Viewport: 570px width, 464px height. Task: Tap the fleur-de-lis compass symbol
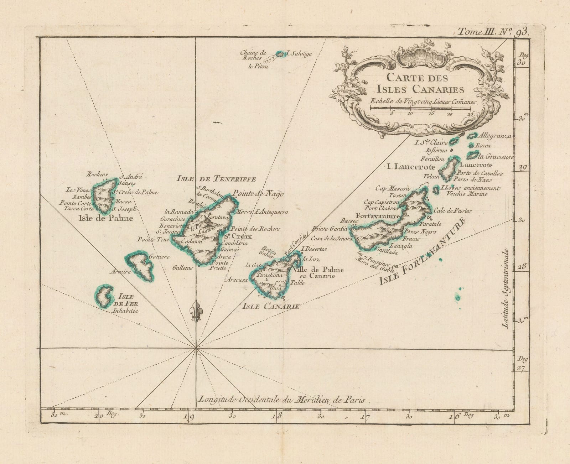[x=195, y=312]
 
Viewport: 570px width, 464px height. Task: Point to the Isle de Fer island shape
[x=104, y=296]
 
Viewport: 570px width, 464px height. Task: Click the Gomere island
[x=140, y=265]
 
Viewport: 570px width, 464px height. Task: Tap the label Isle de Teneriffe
[x=216, y=179]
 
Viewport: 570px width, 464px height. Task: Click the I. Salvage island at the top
[x=281, y=54]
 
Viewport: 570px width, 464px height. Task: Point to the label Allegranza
[x=494, y=136]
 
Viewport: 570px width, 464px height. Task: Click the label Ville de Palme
[x=318, y=270]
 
